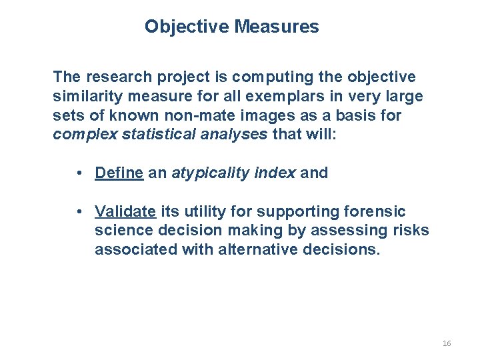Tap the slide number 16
point(446,343)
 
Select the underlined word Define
point(119,173)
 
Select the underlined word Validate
point(125,211)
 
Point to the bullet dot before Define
point(79,173)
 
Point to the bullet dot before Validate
point(79,212)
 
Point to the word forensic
point(375,211)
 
